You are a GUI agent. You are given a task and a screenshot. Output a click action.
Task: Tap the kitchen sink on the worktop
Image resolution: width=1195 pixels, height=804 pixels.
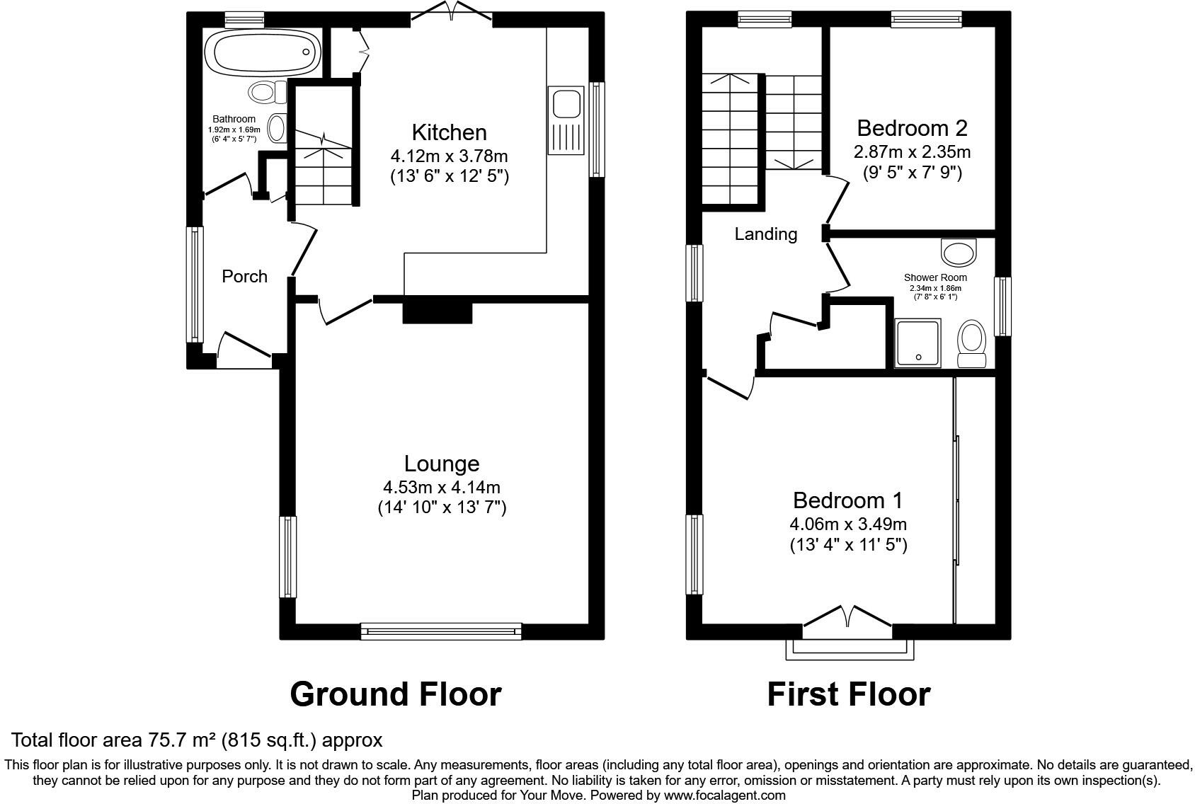pyautogui.click(x=566, y=104)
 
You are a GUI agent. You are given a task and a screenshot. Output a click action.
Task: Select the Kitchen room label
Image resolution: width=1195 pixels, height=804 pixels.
pyautogui.click(x=449, y=132)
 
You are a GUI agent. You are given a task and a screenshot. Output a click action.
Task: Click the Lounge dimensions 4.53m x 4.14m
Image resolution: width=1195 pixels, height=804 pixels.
pyautogui.click(x=442, y=488)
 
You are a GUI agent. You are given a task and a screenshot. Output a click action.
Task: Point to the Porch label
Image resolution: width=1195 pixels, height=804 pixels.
pyautogui.click(x=244, y=276)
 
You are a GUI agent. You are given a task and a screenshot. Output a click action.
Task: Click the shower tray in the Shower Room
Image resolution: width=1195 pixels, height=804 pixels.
pyautogui.click(x=918, y=343)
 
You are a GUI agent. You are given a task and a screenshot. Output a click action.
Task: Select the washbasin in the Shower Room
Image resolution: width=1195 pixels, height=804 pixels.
pyautogui.click(x=959, y=252)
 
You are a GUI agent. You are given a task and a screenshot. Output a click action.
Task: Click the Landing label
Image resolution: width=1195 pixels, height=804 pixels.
pyautogui.click(x=765, y=234)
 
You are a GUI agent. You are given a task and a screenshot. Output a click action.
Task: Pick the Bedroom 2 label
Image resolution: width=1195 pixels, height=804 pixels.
pyautogui.click(x=912, y=128)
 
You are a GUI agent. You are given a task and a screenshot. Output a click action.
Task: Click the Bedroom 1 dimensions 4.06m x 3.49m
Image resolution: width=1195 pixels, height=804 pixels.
pyautogui.click(x=848, y=524)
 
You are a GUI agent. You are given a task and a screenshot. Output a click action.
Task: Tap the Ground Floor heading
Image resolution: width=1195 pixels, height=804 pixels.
pyautogui.click(x=395, y=694)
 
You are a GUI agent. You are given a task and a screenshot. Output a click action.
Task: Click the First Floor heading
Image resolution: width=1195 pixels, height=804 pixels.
pyautogui.click(x=848, y=694)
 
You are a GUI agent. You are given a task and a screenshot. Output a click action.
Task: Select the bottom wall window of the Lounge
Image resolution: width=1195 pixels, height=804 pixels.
pyautogui.click(x=440, y=631)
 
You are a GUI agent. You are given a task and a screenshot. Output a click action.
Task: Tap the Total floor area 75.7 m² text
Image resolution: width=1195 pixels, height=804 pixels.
pyautogui.click(x=197, y=740)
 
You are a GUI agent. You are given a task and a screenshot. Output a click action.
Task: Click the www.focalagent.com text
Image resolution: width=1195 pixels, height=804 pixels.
pyautogui.click(x=724, y=795)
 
